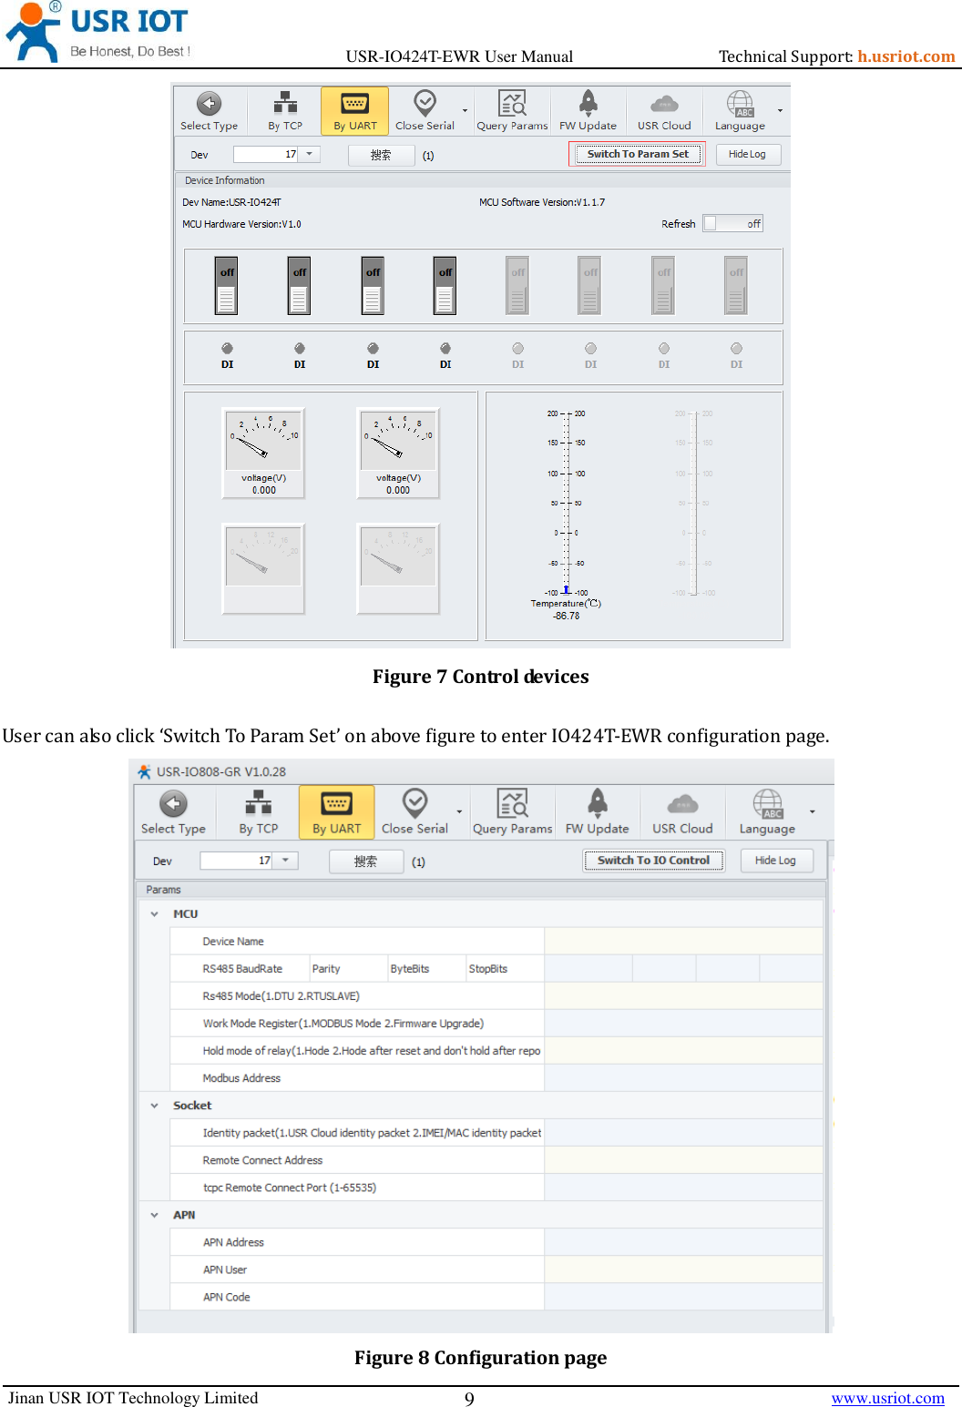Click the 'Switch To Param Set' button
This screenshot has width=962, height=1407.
[x=638, y=154]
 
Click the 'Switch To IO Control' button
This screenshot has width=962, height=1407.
[x=653, y=861]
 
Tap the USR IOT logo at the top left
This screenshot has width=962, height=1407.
[x=97, y=33]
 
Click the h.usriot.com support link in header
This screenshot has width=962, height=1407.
[x=906, y=56]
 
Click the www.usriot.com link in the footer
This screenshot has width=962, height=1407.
[x=887, y=1398]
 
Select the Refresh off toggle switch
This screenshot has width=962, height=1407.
[x=732, y=224]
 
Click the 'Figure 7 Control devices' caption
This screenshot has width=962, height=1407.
[x=480, y=677]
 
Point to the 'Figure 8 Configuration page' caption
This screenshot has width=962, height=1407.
[x=480, y=1358]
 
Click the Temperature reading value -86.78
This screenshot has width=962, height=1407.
[x=566, y=617]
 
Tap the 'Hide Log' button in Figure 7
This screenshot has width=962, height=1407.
[x=747, y=155]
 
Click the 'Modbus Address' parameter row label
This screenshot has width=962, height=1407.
[x=241, y=1078]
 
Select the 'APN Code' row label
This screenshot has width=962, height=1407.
[x=226, y=1297]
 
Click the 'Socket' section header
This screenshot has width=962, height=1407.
[x=192, y=1106]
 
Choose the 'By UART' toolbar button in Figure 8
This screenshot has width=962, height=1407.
[x=336, y=812]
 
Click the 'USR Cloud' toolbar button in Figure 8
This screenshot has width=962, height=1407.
[x=682, y=812]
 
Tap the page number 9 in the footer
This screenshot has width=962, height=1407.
[x=469, y=1399]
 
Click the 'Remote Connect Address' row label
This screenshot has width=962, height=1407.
[x=262, y=1160]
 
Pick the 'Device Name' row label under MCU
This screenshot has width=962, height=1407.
[x=233, y=942]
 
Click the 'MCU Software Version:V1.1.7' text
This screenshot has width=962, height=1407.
[x=542, y=202]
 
